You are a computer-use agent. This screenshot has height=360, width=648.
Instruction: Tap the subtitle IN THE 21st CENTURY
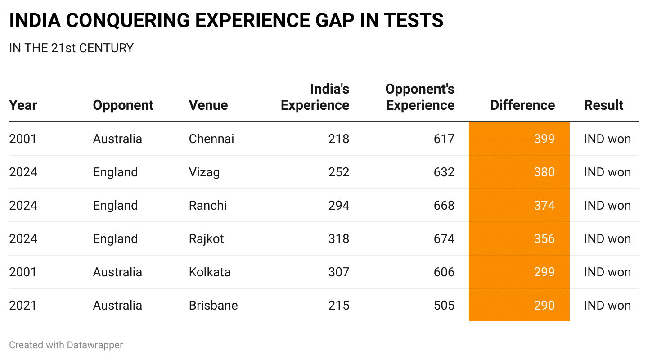tap(71, 48)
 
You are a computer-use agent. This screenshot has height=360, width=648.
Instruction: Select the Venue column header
tap(208, 105)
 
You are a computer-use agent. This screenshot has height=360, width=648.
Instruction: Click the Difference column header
tap(522, 105)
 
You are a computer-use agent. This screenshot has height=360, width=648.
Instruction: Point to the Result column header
tap(603, 105)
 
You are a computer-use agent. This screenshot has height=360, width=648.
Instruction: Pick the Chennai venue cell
tap(211, 139)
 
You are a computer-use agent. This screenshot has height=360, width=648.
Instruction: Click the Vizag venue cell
tap(204, 172)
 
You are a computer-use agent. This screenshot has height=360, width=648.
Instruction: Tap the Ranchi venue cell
tap(207, 205)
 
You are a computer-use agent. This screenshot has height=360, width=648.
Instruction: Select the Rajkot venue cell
tap(206, 238)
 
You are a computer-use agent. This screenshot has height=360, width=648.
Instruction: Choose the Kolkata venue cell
tap(209, 272)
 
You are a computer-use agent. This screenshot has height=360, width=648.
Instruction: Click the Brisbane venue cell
tap(213, 305)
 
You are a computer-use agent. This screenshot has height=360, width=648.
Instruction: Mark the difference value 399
tap(544, 139)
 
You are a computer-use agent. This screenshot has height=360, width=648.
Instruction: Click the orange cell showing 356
tap(544, 238)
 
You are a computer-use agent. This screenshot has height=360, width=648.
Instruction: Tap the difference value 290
tap(544, 305)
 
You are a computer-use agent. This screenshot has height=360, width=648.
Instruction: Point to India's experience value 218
tap(338, 139)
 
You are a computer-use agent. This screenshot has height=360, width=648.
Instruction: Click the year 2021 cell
tap(22, 305)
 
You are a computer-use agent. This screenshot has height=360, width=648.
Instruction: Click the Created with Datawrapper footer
tap(66, 345)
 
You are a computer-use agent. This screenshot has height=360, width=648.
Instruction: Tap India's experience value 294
tap(338, 205)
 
